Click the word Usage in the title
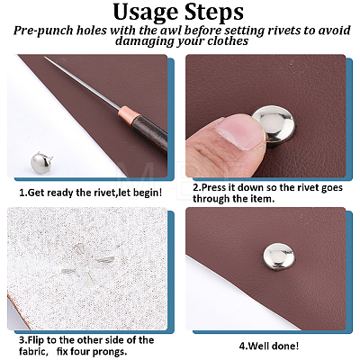[146, 13]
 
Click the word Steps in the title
[214, 12]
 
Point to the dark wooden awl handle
[150, 132]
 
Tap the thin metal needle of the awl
[82, 82]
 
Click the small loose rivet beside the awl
[40, 163]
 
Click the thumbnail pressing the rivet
[240, 131]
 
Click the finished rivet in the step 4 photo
[279, 256]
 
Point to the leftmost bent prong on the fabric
[69, 272]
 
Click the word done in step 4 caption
[285, 346]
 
